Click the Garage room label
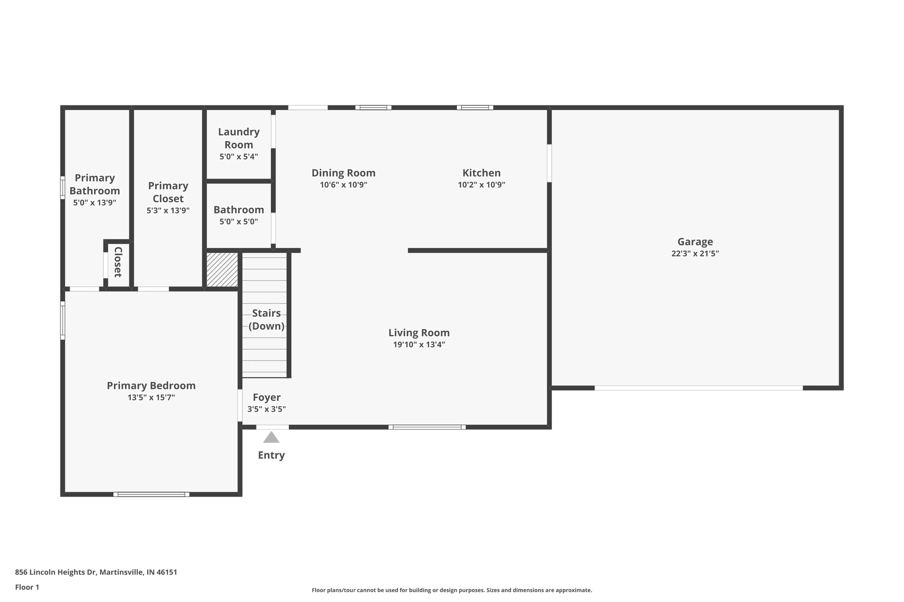tap(695, 242)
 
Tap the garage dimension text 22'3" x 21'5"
tap(695, 254)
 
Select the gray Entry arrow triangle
tap(271, 437)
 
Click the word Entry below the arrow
tap(271, 455)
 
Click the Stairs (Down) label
tap(266, 319)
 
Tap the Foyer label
tap(267, 397)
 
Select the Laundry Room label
tap(239, 138)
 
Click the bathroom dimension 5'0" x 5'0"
tap(239, 222)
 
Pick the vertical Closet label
tap(118, 262)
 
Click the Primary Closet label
tap(168, 192)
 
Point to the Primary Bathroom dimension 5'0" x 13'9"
tap(94, 203)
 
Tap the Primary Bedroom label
tap(151, 385)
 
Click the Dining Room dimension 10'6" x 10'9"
tap(343, 185)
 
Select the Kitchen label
tap(481, 173)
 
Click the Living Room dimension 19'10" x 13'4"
tap(419, 345)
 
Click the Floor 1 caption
tap(27, 587)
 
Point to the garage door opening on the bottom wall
tap(698, 388)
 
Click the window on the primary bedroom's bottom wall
tap(151, 494)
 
